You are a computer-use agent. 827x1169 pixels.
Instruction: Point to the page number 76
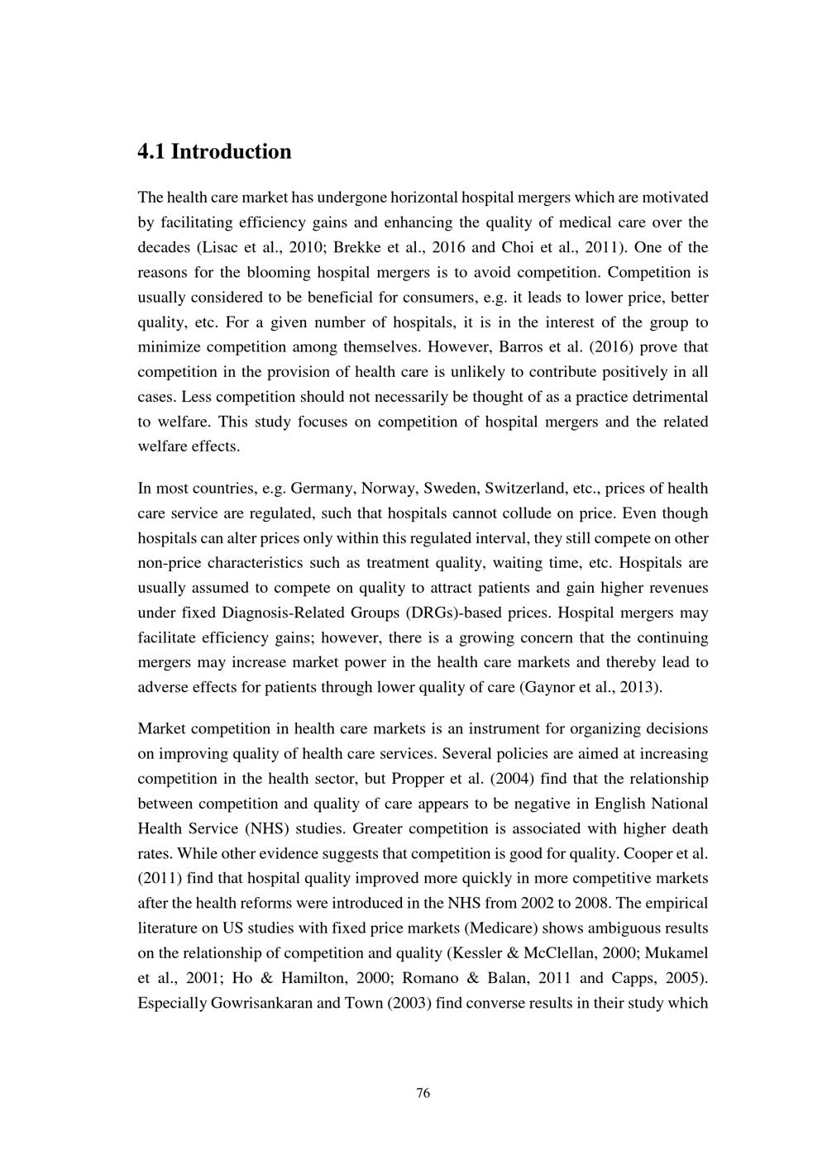pyautogui.click(x=423, y=1094)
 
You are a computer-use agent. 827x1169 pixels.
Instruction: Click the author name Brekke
pyautogui.click(x=356, y=247)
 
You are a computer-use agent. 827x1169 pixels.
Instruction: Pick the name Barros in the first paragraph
pyautogui.click(x=523, y=347)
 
